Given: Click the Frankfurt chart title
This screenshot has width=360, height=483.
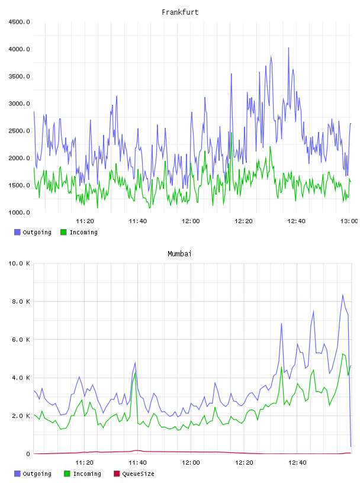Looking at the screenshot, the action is (x=180, y=12).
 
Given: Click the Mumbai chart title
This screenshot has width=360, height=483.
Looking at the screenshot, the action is (x=179, y=254).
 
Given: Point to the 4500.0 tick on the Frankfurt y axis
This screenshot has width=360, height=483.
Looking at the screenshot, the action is (x=19, y=22).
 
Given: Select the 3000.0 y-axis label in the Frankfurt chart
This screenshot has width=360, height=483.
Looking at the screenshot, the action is (x=19, y=104).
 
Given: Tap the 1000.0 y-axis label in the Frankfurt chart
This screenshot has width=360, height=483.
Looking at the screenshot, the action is (x=19, y=212).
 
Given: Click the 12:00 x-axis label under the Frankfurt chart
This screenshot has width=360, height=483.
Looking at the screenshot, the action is (x=191, y=221).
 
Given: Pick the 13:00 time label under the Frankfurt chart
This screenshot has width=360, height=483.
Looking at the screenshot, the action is (x=349, y=221).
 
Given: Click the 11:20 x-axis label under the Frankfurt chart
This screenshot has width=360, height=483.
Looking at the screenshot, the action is (x=85, y=221).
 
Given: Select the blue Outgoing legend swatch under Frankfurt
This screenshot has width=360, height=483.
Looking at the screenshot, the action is (x=17, y=232).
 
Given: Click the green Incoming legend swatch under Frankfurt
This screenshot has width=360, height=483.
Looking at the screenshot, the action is (x=63, y=232).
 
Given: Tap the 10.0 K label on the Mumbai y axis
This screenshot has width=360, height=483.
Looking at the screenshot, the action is (x=19, y=263).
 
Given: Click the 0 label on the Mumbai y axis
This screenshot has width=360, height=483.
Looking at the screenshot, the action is (x=28, y=454).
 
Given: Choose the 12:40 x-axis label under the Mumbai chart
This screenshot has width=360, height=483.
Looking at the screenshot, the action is (x=297, y=463).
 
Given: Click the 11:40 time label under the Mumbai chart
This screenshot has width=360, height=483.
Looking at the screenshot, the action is (x=137, y=463).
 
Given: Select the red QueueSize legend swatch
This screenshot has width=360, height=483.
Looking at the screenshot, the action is (x=117, y=474).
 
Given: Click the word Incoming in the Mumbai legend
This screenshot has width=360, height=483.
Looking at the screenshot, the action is (x=87, y=474).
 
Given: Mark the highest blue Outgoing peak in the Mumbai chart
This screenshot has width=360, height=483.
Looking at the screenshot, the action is (x=343, y=295).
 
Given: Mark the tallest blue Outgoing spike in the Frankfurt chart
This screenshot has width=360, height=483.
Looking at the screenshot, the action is (x=288, y=48).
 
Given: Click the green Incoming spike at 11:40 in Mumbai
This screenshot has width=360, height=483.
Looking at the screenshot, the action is (x=135, y=373).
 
